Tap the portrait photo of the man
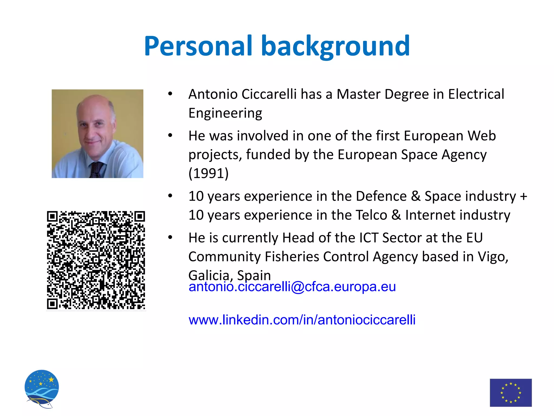[97, 134]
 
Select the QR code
[96, 260]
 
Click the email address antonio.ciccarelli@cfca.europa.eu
[292, 287]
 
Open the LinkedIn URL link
[302, 320]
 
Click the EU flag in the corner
[511, 392]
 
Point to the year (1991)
[208, 173]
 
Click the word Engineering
[225, 113]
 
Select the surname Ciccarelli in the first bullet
[269, 94]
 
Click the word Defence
[381, 196]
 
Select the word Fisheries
[292, 257]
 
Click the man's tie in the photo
[96, 169]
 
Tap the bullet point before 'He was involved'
[170, 135]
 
